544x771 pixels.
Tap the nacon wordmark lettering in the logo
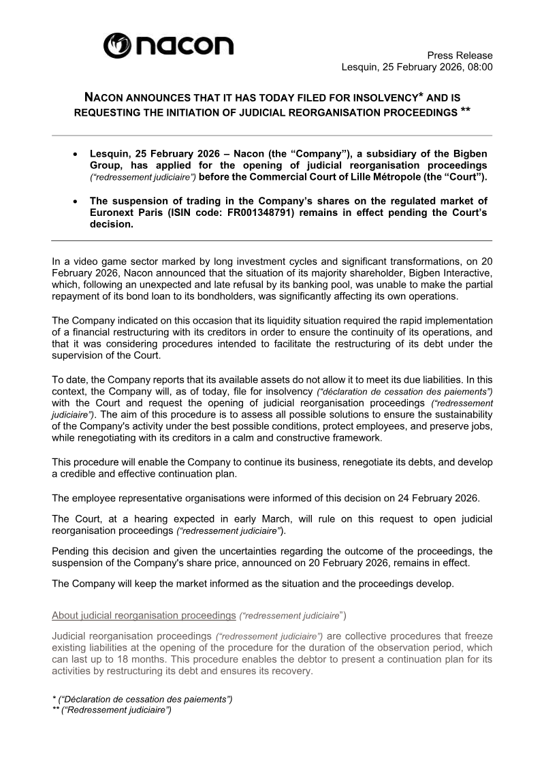[183, 46]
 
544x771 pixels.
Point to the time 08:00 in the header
[479, 67]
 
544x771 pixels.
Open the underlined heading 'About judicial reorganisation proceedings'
[144, 616]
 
